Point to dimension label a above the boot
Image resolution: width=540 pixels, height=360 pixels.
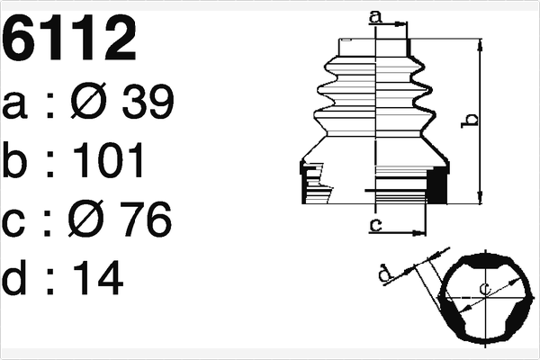375,15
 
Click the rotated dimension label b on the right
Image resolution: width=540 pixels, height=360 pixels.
466,118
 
